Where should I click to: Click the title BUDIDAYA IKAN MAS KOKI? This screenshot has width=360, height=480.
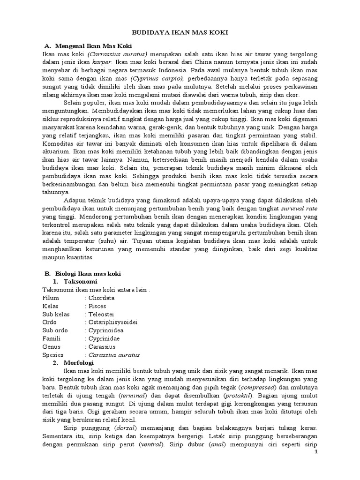tap(180, 33)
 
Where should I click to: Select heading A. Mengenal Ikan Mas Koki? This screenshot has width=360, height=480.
tap(89, 46)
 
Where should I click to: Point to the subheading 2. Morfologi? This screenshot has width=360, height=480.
tap(75, 363)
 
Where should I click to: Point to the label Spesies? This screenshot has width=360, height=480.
tap(52, 355)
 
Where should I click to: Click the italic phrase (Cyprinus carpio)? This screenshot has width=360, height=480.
tap(157, 79)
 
